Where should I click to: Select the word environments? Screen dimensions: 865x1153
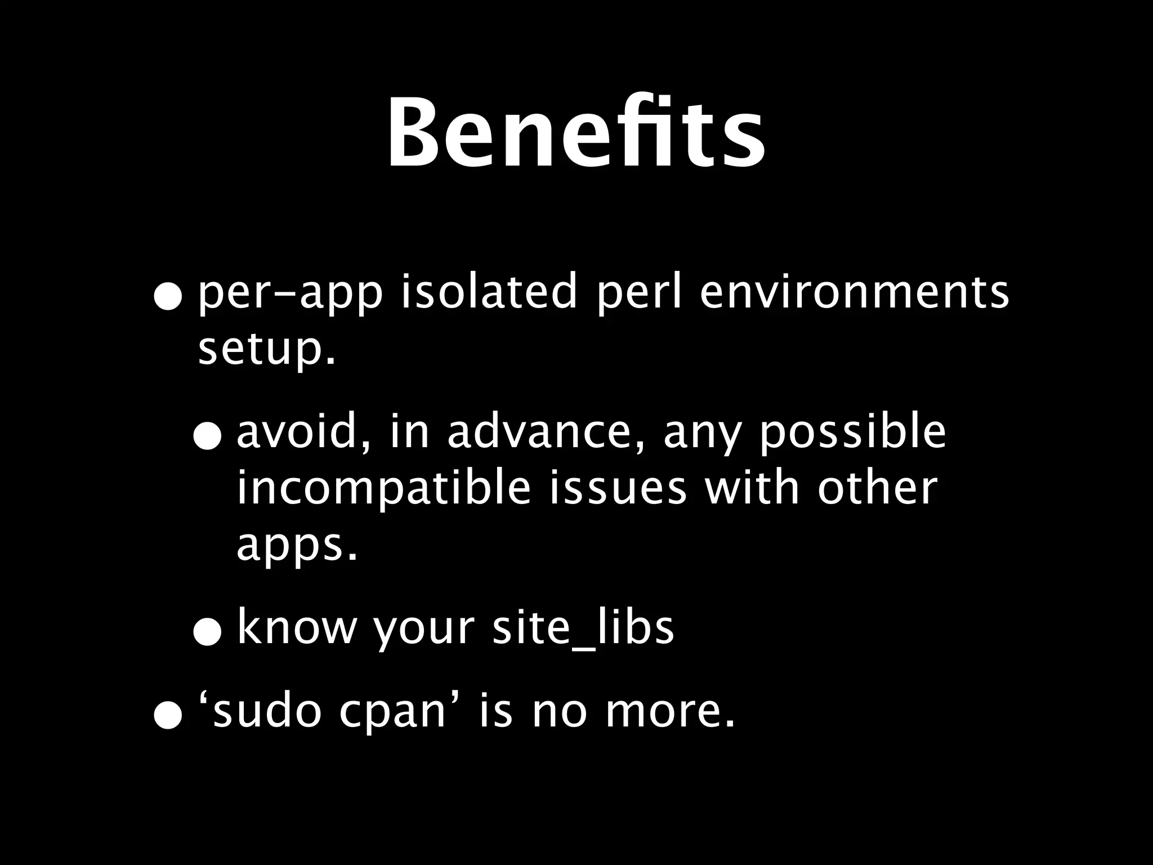pos(854,292)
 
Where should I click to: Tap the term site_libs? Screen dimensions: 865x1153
pos(583,628)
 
